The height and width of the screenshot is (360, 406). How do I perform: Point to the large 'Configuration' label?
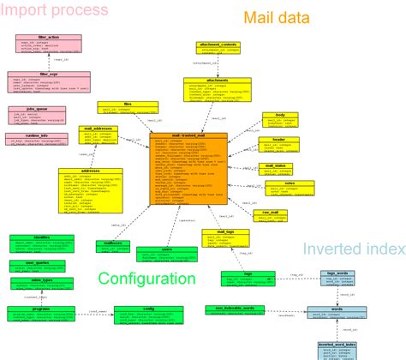point(146,279)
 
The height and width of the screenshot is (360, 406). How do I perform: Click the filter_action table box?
point(49,44)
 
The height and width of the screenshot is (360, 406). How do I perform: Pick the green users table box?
point(167,253)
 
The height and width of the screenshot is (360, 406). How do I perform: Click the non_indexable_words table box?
point(230,310)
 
